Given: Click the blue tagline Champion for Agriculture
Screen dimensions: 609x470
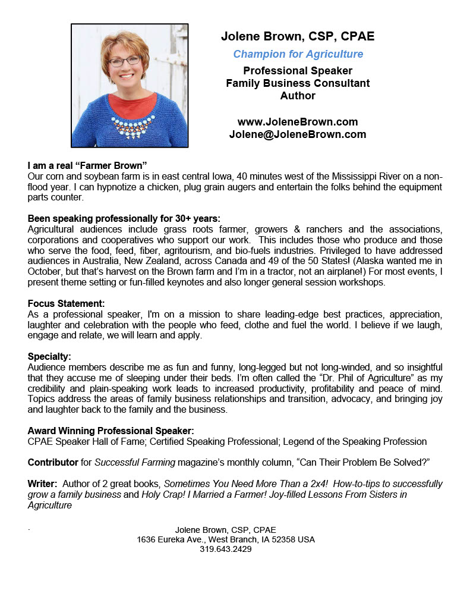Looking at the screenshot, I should [298, 54].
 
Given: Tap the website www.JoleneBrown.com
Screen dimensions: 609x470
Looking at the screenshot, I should [298, 122].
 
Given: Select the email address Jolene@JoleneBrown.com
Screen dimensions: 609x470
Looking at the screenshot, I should [298, 134].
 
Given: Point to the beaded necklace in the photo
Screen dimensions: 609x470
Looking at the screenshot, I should [129, 123].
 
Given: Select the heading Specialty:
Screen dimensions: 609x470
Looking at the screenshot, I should [49, 356].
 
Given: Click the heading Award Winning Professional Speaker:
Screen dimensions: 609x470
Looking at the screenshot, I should [111, 431].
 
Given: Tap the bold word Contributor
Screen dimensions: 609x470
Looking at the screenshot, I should [53, 462].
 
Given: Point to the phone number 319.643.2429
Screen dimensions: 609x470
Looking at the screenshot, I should [226, 549].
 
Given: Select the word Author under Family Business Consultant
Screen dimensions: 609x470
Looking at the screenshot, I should [298, 96].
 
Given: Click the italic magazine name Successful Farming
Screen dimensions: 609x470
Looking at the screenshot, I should [133, 462].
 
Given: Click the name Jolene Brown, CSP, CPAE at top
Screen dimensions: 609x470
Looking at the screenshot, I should [298, 36].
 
